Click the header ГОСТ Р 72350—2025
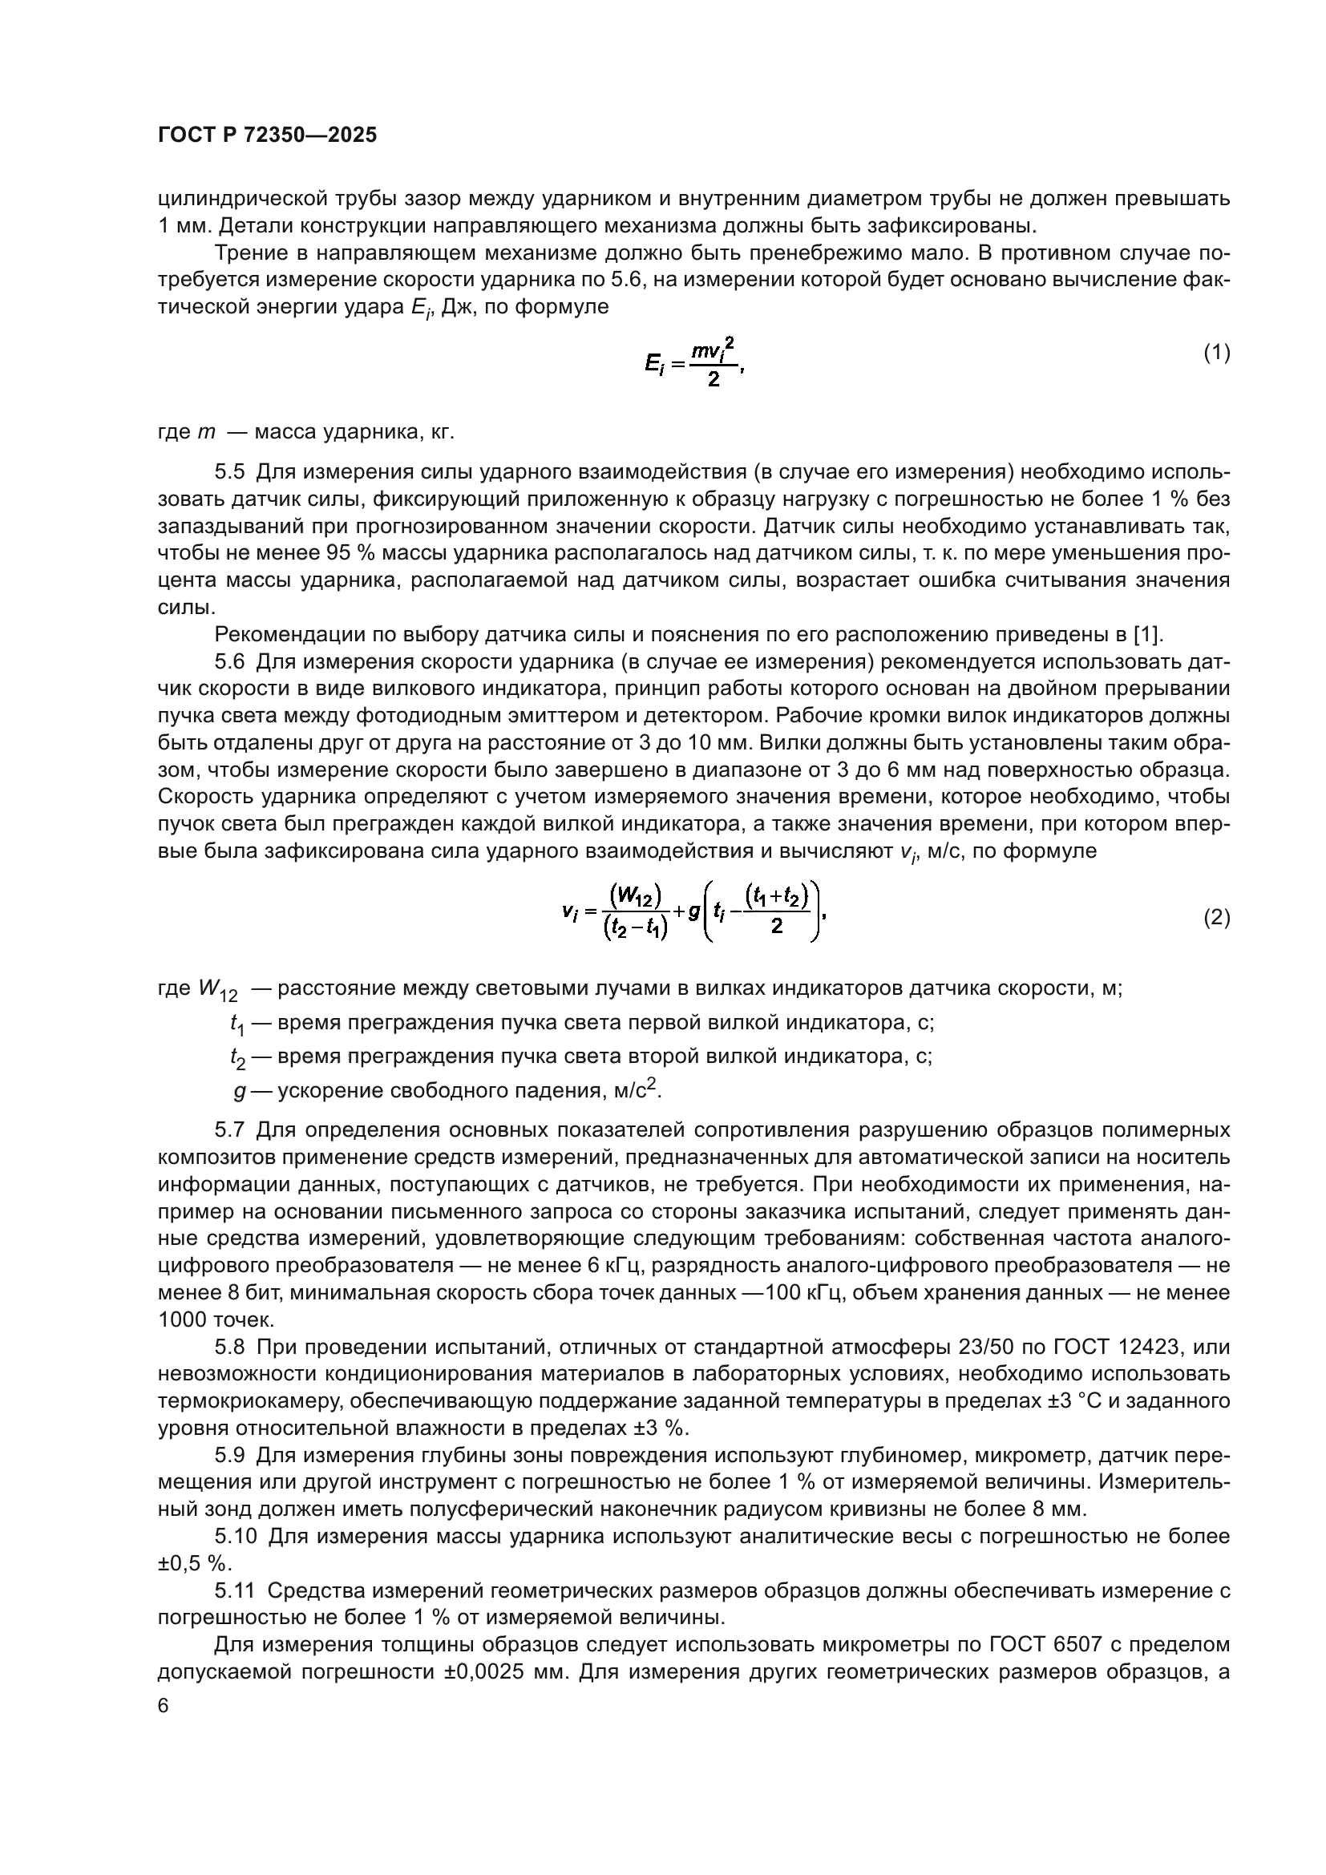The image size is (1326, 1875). point(267,135)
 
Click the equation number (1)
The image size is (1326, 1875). point(1217,353)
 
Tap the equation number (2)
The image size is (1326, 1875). point(1217,918)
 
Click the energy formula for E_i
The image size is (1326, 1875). point(694,363)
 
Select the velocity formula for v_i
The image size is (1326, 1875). point(694,913)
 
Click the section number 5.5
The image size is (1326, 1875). point(229,472)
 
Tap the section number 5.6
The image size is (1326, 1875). point(229,661)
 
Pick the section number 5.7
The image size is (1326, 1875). point(229,1130)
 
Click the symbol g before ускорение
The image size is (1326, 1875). point(239,1091)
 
